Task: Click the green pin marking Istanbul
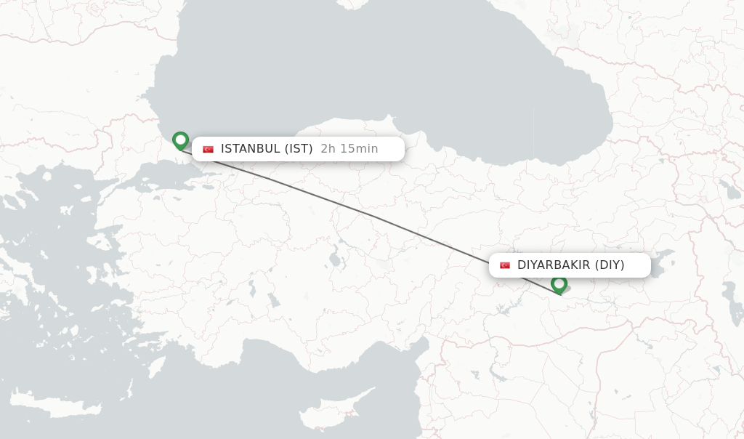[x=180, y=140]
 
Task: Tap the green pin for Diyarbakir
[x=559, y=283]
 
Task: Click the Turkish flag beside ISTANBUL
[x=209, y=149]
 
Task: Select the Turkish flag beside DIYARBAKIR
[x=505, y=265]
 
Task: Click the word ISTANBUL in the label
[x=250, y=149]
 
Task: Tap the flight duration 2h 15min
[x=349, y=149]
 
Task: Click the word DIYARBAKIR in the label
[x=554, y=265]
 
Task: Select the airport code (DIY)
[x=610, y=265]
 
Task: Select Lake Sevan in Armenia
[x=728, y=190]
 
